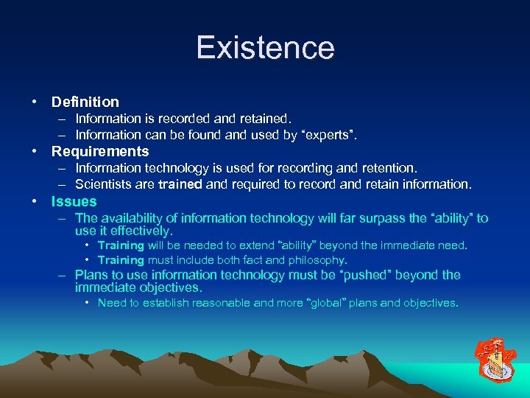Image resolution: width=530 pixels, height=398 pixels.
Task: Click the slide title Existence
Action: tap(265, 48)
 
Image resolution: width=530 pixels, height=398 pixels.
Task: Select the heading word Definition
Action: tap(85, 102)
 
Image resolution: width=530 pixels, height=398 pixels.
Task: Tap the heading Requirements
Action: tap(99, 152)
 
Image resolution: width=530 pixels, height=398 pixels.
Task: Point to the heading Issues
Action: tap(74, 201)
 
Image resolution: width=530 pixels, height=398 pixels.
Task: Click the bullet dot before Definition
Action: tap(35, 102)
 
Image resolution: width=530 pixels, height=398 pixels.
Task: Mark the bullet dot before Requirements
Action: tap(35, 152)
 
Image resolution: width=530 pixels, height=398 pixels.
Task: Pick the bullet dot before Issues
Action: tap(35, 201)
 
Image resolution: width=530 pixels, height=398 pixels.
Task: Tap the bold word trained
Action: tap(179, 184)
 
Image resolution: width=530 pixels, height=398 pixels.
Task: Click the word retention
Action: tap(390, 168)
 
